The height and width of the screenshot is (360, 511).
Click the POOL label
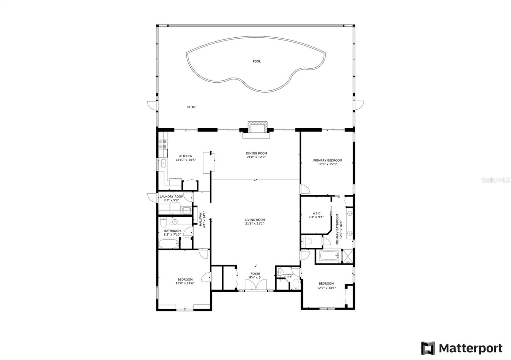click(x=256, y=61)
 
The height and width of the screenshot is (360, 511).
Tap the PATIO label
click(x=191, y=107)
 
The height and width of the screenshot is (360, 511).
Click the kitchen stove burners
click(x=163, y=144)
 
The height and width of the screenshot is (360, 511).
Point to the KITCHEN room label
click(x=186, y=156)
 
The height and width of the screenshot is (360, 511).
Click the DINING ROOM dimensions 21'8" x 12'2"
click(x=256, y=157)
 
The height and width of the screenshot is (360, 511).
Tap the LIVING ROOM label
click(x=255, y=220)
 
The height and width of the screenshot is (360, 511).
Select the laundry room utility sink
click(x=186, y=210)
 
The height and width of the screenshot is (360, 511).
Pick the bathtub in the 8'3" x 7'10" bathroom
click(x=169, y=244)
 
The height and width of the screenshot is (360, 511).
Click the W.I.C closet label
click(x=316, y=213)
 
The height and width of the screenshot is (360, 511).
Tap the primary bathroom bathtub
click(x=329, y=256)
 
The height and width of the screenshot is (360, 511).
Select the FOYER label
click(x=255, y=274)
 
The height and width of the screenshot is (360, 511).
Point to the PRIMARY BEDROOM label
click(x=327, y=160)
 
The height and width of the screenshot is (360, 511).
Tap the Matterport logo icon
click(x=428, y=348)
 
